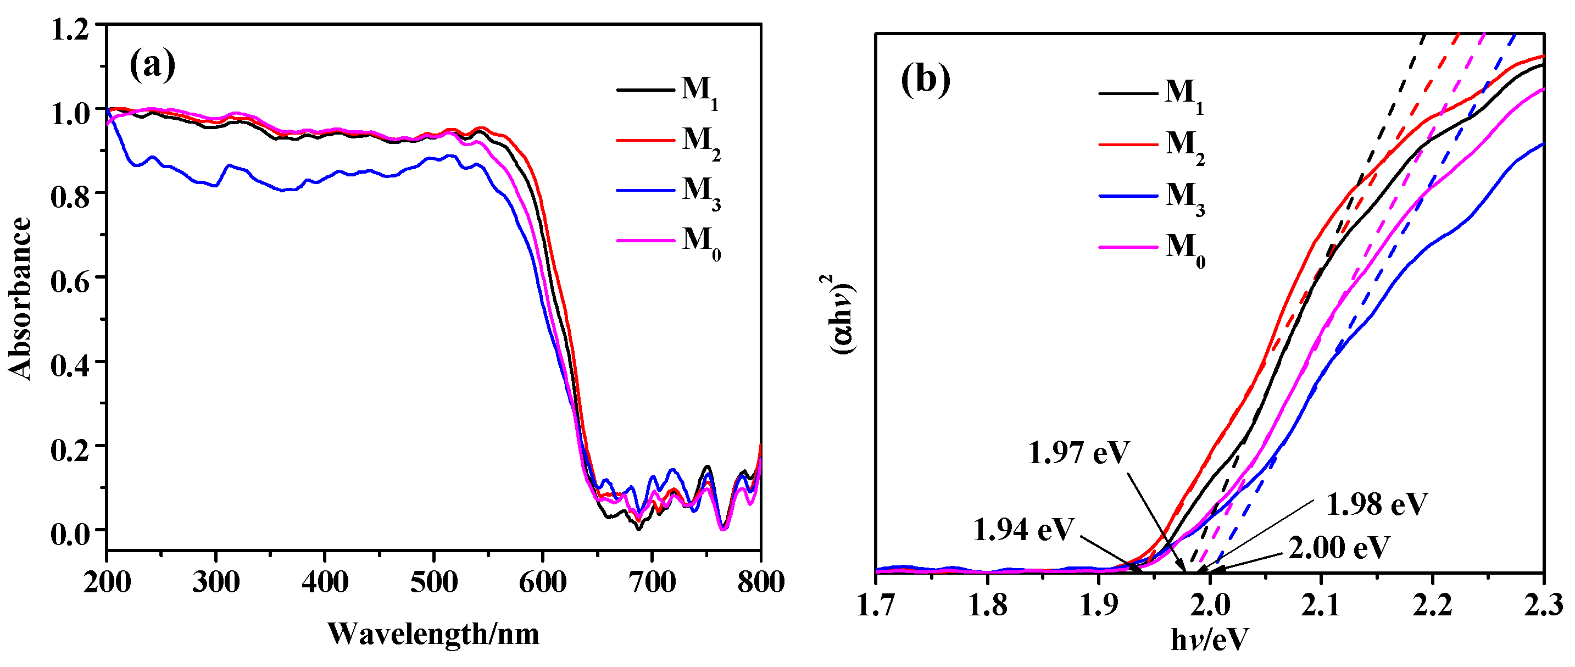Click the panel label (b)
(926, 80)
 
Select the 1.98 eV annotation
(1377, 505)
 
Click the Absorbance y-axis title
(20, 299)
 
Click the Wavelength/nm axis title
(433, 634)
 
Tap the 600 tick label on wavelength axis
(542, 582)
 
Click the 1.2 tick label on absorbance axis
(69, 29)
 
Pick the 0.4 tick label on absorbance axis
(69, 365)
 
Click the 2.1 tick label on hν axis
(1321, 606)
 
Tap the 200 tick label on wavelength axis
(108, 582)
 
